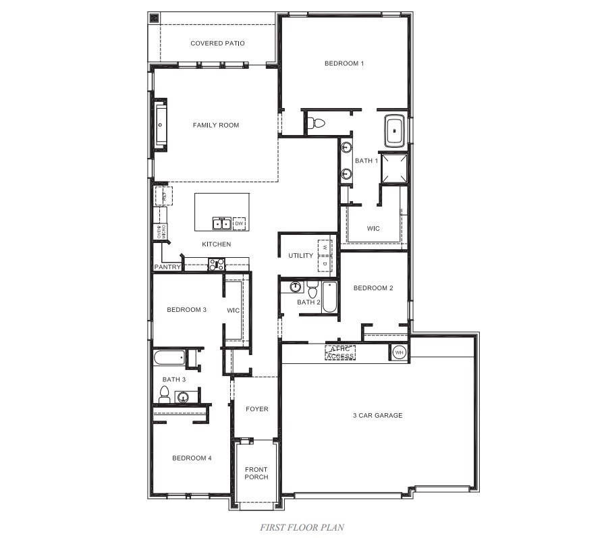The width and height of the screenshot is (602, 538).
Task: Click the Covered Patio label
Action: (217, 43)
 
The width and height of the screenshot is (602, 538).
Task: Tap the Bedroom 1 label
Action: (344, 63)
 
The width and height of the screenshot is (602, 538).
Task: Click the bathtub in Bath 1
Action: (394, 131)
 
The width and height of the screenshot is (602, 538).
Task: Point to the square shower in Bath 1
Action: (393, 169)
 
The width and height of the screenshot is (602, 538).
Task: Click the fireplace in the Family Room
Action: (161, 124)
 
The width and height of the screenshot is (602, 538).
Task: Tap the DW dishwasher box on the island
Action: (239, 223)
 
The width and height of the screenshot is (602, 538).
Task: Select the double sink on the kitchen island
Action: (221, 223)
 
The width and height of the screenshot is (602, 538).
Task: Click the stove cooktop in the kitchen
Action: (217, 264)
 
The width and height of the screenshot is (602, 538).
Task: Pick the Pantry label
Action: (167, 267)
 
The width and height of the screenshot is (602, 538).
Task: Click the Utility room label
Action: (300, 256)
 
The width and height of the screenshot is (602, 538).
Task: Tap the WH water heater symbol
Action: (398, 352)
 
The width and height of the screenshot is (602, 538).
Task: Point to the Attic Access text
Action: (340, 352)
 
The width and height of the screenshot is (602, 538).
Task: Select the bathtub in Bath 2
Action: (329, 297)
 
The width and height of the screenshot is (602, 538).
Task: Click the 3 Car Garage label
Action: (377, 415)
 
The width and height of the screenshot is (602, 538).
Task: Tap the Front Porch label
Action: (256, 473)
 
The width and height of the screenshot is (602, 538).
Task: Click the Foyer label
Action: (256, 409)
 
